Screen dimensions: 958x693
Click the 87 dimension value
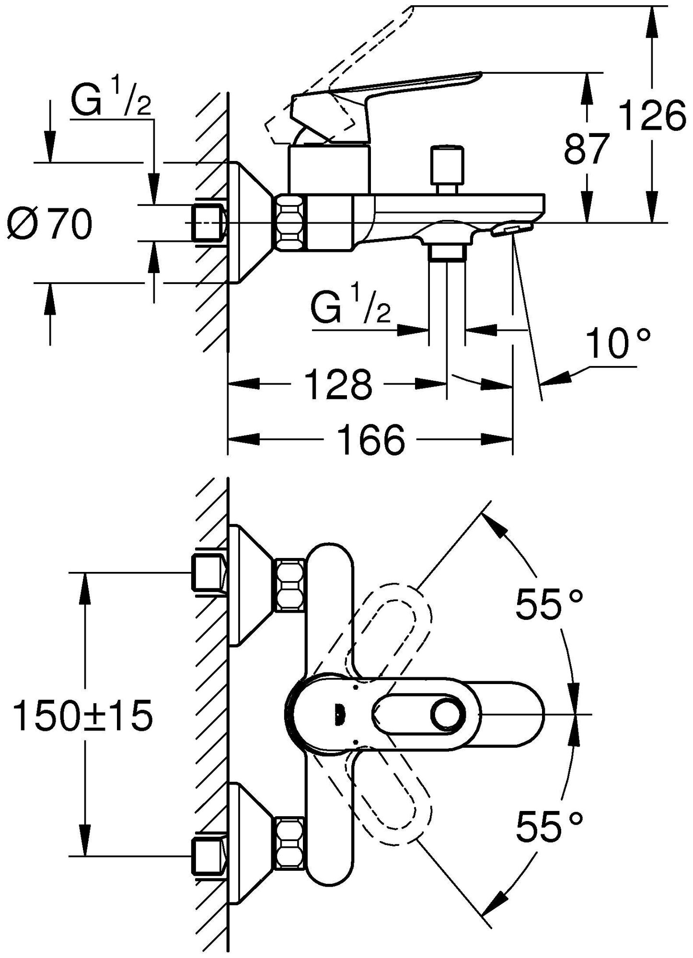586,149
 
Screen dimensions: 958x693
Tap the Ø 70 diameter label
50,225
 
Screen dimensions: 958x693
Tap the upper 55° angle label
549,605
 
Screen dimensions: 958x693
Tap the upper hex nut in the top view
289,585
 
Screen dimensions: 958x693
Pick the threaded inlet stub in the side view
208,223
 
